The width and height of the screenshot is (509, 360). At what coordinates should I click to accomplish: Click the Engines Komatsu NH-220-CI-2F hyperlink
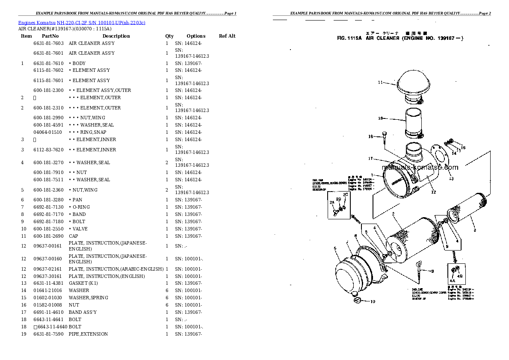(x=82, y=22)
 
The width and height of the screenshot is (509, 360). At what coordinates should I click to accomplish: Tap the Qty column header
(x=169, y=36)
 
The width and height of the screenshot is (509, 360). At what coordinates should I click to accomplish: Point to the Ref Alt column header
(x=227, y=36)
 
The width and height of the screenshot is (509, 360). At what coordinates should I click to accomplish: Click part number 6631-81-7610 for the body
(x=48, y=63)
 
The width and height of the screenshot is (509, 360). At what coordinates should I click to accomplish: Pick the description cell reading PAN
(x=77, y=200)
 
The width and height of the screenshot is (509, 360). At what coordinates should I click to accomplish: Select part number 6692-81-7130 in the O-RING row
(x=48, y=207)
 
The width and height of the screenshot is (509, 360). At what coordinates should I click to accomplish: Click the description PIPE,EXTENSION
(x=88, y=334)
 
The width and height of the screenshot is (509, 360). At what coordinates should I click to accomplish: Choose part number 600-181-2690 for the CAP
(x=48, y=236)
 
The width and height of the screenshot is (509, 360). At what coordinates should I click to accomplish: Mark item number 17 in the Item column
(x=24, y=312)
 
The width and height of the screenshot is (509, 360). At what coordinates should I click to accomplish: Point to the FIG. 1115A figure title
(x=400, y=38)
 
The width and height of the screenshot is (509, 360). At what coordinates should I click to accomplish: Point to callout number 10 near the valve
(x=373, y=302)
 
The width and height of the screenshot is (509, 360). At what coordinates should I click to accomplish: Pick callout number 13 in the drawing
(x=451, y=179)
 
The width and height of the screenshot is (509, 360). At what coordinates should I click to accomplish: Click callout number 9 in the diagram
(x=432, y=271)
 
